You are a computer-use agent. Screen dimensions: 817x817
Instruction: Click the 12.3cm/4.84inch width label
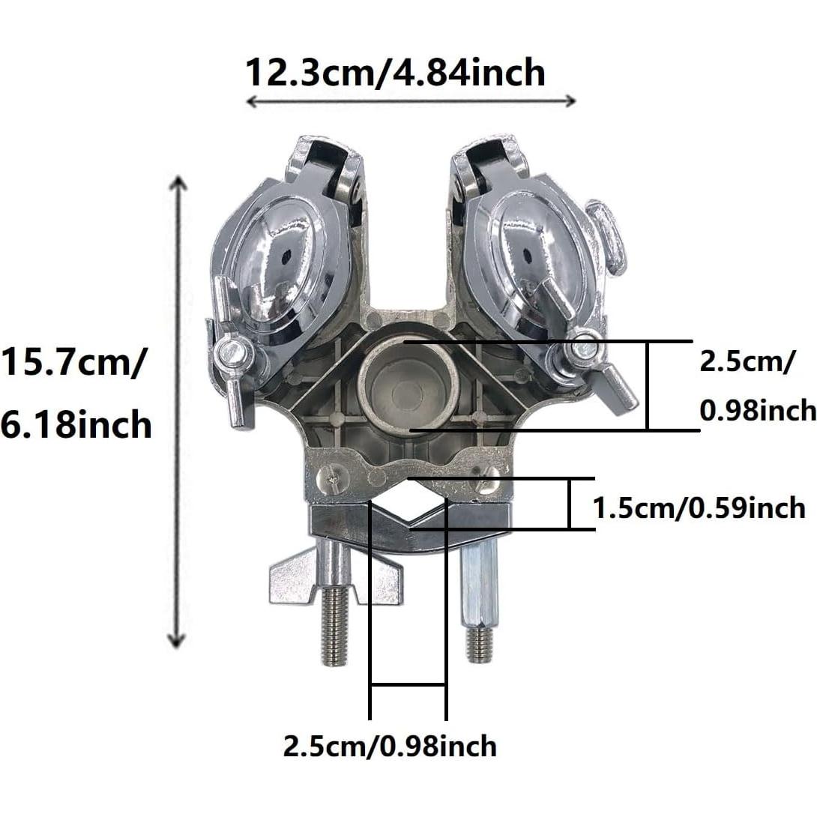pyautogui.click(x=395, y=73)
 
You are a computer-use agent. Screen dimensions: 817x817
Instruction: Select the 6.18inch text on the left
pyautogui.click(x=76, y=425)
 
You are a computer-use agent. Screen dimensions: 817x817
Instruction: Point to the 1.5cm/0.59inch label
pyautogui.click(x=699, y=507)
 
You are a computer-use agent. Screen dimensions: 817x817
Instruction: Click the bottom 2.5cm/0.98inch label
pyautogui.click(x=390, y=746)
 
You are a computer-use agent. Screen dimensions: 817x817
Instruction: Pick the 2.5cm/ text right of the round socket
pyautogui.click(x=748, y=361)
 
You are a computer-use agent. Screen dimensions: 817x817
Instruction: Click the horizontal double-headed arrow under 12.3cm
pyautogui.click(x=411, y=101)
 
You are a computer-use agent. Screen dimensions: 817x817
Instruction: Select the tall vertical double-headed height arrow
pyautogui.click(x=178, y=412)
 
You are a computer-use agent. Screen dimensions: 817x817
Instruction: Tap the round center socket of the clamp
pyautogui.click(x=409, y=384)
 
